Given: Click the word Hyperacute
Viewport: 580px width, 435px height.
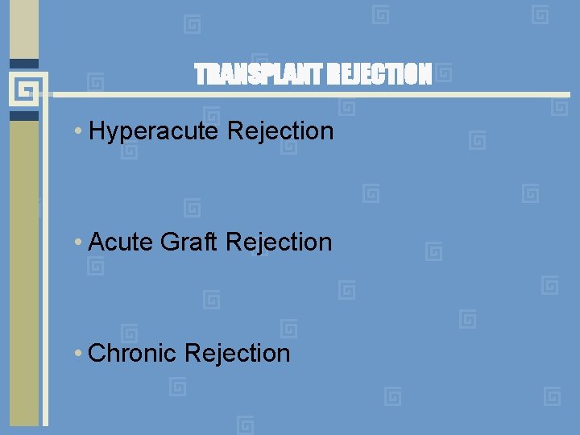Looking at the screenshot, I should (x=154, y=131).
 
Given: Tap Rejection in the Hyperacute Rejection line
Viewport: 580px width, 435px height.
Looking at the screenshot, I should (x=280, y=130).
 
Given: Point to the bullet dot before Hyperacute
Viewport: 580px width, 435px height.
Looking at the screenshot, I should (x=77, y=131).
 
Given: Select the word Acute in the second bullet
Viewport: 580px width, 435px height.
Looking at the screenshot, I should (x=121, y=242).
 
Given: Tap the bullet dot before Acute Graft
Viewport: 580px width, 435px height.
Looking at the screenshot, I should (x=77, y=242).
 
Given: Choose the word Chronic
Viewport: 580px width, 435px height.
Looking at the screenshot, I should (x=132, y=353).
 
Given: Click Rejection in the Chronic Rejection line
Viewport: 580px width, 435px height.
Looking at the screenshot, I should (x=237, y=353).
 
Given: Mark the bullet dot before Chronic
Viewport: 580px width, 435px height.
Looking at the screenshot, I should (x=77, y=354).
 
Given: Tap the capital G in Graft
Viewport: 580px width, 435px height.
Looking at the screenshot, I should (x=169, y=242).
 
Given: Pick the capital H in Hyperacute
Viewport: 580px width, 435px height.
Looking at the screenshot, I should (x=98, y=131).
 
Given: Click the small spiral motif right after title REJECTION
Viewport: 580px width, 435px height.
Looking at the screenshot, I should (x=443, y=75).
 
